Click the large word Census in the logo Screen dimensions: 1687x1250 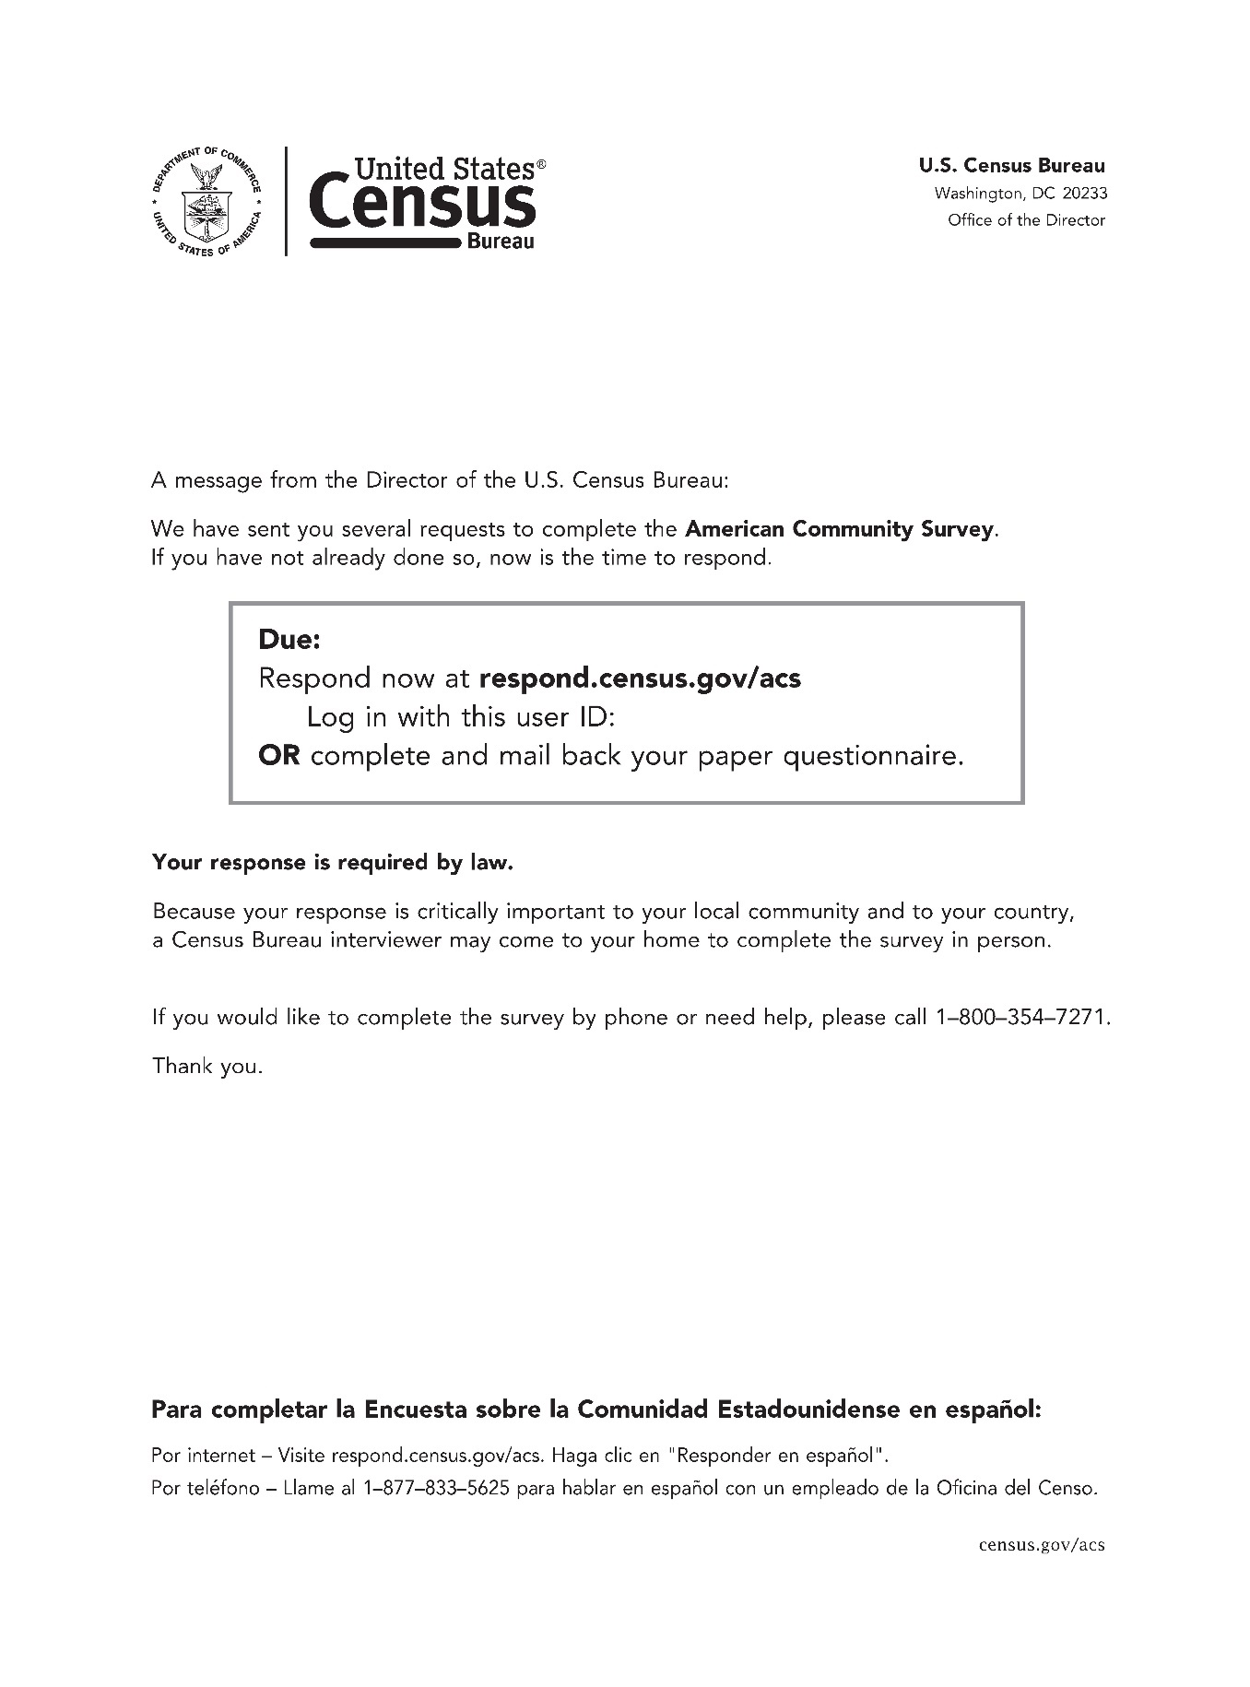click(x=421, y=205)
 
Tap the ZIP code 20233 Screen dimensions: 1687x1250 click(x=1084, y=194)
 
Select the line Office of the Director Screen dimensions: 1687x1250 click(x=1026, y=220)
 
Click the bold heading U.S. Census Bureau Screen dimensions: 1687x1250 click(x=1011, y=166)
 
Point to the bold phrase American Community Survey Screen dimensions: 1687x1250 click(x=840, y=529)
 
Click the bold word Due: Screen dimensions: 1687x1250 click(x=289, y=639)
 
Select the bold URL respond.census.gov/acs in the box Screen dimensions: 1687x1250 click(x=640, y=678)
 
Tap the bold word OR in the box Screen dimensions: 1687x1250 click(x=278, y=756)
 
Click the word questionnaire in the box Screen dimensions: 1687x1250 click(x=872, y=756)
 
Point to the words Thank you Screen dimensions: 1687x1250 click(x=207, y=1067)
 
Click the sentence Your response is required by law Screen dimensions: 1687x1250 click(x=332, y=863)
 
